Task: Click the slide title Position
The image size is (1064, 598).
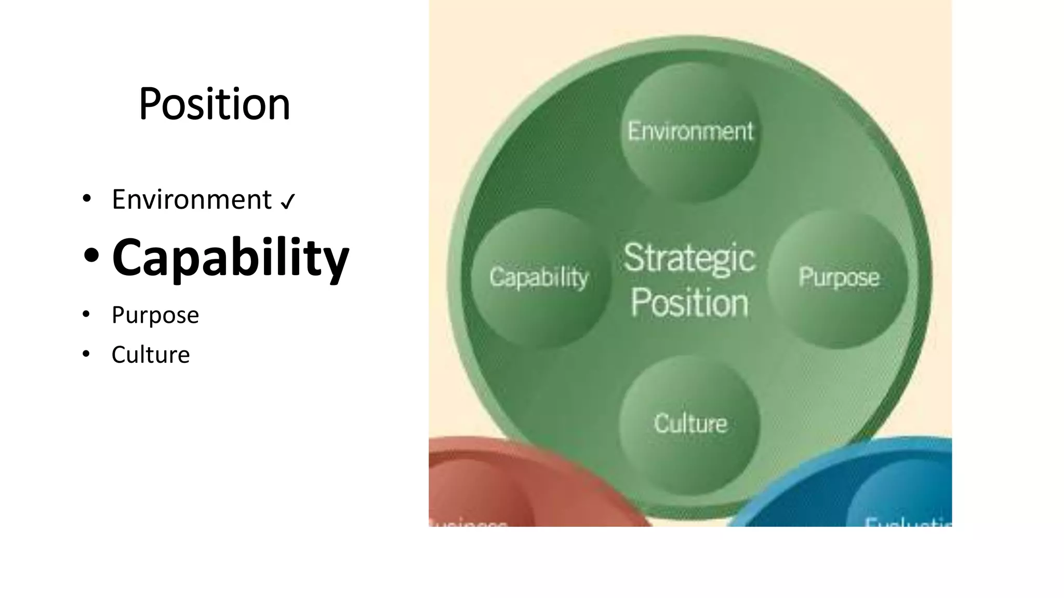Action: (x=214, y=104)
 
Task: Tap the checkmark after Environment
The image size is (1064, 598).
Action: (x=287, y=201)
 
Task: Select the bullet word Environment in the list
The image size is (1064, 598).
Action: (x=191, y=200)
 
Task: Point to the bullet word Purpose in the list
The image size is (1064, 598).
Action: (x=155, y=315)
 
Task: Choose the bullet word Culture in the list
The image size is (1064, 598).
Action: (x=150, y=355)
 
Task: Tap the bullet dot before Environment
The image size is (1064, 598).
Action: (x=86, y=198)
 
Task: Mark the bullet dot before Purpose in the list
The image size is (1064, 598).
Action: (x=86, y=314)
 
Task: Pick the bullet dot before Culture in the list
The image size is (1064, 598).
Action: (x=86, y=354)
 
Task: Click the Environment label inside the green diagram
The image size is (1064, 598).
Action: (x=690, y=131)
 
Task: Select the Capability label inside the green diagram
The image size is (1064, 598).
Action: (x=538, y=277)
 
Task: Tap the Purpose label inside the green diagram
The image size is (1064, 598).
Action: (x=839, y=277)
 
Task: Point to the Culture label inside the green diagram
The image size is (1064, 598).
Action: (x=690, y=424)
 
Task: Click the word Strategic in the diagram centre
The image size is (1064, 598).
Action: (x=689, y=258)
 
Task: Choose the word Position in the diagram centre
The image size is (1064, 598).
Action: (x=689, y=303)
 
